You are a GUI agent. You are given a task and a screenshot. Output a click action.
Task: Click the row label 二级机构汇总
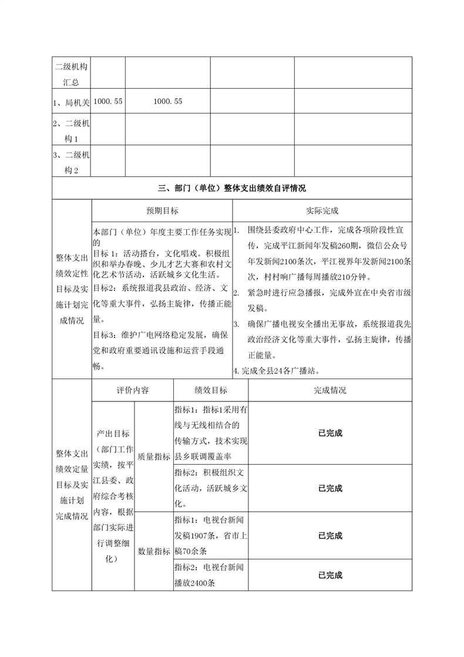pos(70,72)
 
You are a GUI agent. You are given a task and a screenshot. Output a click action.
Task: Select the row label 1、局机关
pos(70,102)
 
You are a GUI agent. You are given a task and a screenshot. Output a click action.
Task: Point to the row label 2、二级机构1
pos(70,131)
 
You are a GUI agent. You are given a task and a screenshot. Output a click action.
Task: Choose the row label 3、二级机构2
pos(70,163)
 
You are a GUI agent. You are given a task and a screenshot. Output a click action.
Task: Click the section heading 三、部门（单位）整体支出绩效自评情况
pos(232,189)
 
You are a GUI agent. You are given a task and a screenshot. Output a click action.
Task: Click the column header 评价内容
pos(132,390)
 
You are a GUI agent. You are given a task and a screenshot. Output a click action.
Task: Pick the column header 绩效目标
pos(210,390)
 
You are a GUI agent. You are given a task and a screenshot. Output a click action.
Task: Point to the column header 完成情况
pos(329,390)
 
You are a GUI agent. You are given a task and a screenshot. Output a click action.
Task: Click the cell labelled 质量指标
pos(154,456)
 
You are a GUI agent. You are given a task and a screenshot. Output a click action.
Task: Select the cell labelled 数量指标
pos(154,552)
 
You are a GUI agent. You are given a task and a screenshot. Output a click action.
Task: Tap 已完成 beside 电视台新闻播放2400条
pos(329,575)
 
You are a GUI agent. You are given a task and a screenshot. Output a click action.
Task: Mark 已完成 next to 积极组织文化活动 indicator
pos(329,488)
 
